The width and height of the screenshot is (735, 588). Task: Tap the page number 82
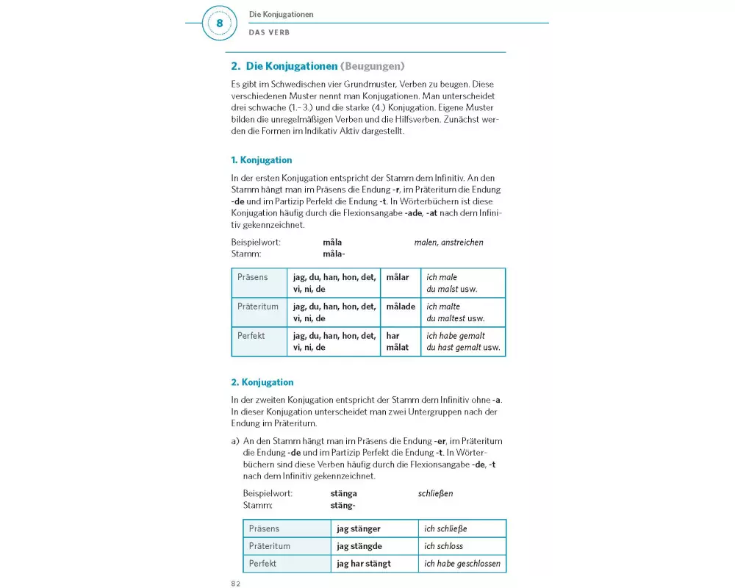[x=236, y=583]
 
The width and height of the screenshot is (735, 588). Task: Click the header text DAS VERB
[x=269, y=32]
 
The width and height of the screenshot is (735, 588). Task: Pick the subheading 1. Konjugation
[x=262, y=160]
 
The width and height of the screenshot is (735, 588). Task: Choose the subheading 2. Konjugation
[x=262, y=382]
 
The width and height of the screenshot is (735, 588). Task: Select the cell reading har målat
[x=398, y=341]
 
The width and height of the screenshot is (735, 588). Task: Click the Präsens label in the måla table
[x=253, y=277]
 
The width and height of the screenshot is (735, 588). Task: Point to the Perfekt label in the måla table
[x=251, y=336]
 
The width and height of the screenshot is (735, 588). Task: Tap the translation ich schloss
[x=444, y=546]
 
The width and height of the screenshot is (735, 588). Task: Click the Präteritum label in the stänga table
[x=270, y=546]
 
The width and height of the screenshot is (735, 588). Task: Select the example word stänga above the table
[x=344, y=493]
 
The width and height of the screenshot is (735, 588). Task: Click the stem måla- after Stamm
[x=334, y=254]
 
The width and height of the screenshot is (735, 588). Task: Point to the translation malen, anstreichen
[x=448, y=242]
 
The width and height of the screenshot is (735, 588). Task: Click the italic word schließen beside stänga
[x=436, y=493]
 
